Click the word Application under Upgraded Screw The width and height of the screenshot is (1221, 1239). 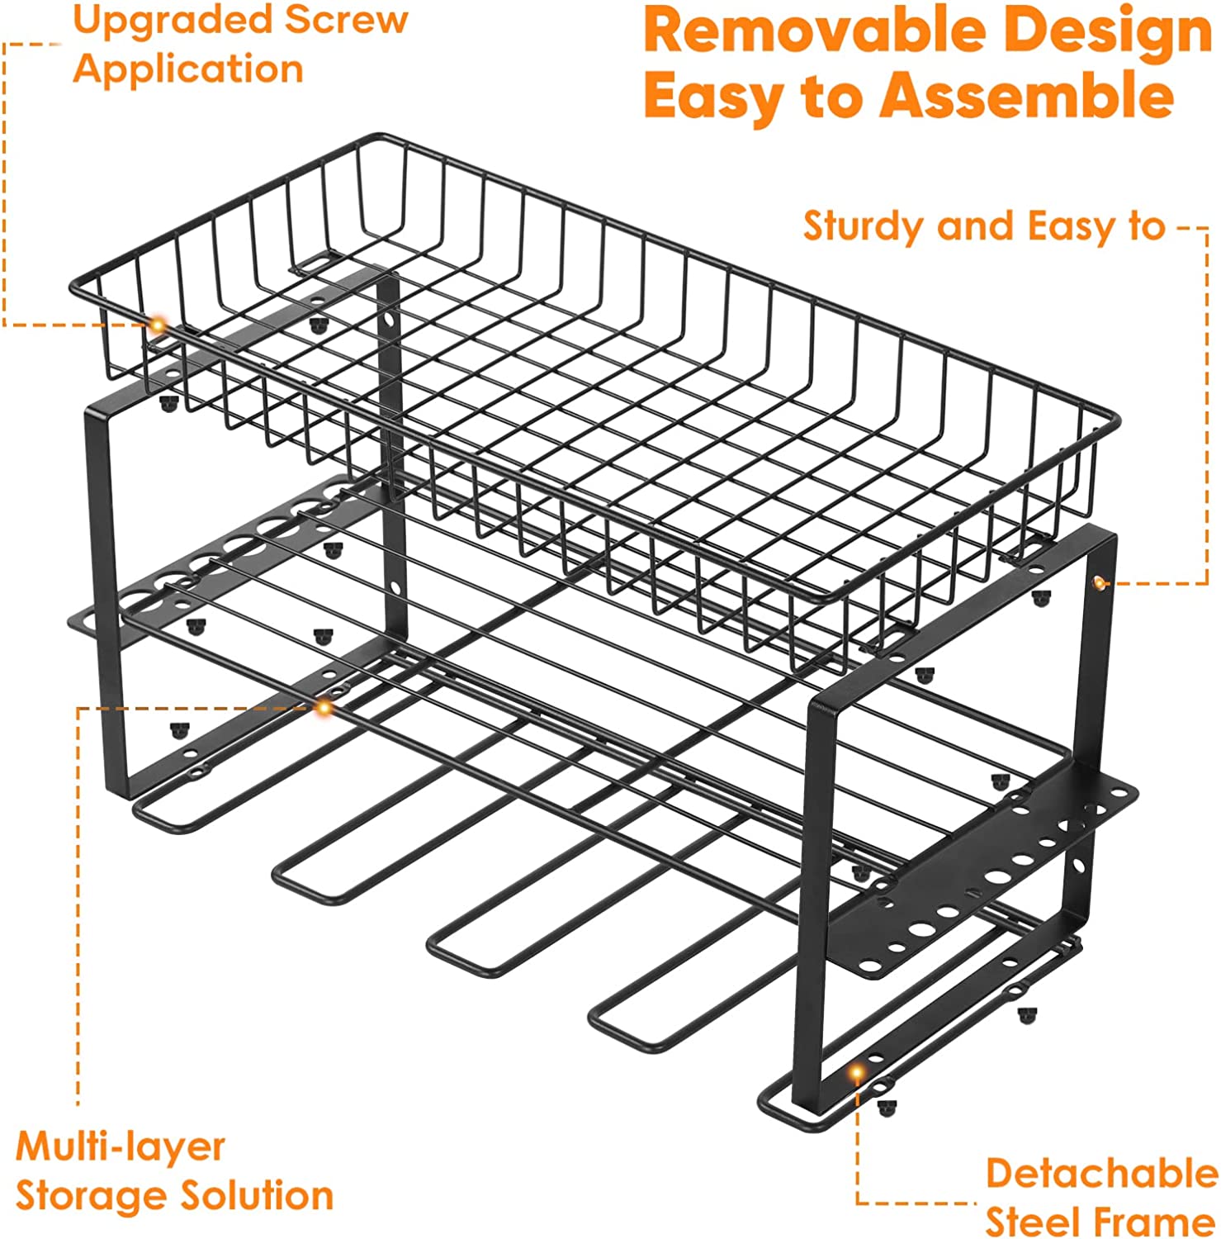[x=188, y=69]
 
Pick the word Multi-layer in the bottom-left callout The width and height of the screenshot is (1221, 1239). [x=120, y=1146]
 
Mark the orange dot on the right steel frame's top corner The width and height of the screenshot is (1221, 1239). [x=1099, y=583]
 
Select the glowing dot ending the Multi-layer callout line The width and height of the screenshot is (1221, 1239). [x=324, y=707]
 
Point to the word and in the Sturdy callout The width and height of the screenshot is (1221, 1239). [x=979, y=226]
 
